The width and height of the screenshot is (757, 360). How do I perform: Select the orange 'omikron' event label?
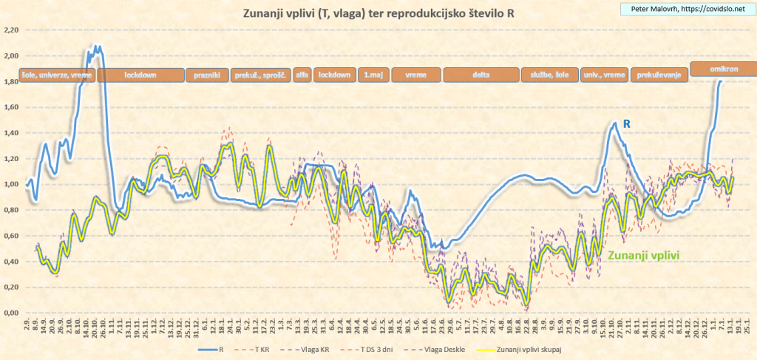[x=724, y=68]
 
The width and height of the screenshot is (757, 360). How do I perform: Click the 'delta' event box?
[x=481, y=75]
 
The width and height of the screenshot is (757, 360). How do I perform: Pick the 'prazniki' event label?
[x=206, y=75]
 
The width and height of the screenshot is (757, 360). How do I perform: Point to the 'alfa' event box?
[x=302, y=75]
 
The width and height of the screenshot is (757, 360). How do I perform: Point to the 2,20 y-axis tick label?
[x=11, y=30]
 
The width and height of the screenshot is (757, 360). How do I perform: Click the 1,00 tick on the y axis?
[x=11, y=185]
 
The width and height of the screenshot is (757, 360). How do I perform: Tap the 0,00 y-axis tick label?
[x=11, y=313]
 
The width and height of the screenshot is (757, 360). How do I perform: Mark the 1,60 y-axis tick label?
[x=11, y=107]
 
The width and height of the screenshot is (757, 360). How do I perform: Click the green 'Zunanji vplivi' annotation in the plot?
[x=643, y=254]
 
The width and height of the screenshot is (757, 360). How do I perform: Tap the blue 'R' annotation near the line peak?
[x=627, y=124]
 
